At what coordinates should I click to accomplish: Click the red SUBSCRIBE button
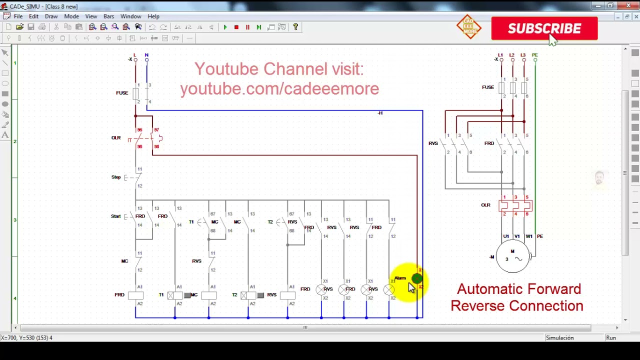(x=544, y=28)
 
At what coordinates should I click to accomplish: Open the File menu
(x=18, y=16)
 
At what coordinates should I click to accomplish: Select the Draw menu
(x=51, y=16)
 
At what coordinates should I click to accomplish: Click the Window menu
(x=130, y=16)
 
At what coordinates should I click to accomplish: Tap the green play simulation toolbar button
(x=225, y=27)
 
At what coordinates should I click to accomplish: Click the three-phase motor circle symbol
(x=512, y=256)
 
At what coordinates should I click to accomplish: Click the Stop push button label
(x=116, y=177)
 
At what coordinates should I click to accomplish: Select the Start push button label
(x=116, y=216)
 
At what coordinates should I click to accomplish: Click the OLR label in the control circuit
(x=116, y=138)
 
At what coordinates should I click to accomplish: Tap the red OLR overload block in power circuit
(x=515, y=205)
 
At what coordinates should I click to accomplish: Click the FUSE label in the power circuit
(x=488, y=87)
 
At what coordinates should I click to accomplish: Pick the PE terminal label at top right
(x=534, y=55)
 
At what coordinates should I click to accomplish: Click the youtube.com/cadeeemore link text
(x=279, y=89)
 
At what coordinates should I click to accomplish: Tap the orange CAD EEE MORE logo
(x=469, y=27)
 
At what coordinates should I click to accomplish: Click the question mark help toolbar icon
(x=295, y=27)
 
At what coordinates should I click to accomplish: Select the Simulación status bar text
(x=559, y=338)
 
